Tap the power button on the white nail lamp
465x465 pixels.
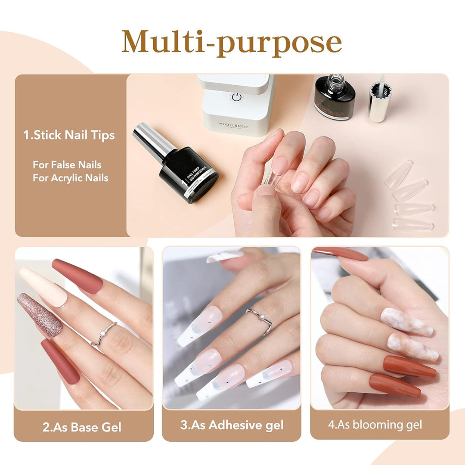tap(236, 97)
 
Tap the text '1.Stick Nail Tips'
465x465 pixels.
tap(69, 135)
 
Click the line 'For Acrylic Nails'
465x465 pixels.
tap(71, 178)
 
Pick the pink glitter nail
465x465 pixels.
tap(40, 315)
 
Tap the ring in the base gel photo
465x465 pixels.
tap(104, 332)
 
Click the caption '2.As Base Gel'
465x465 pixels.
tap(82, 427)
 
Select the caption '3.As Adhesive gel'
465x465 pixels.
tap(232, 425)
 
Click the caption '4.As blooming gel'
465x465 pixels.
tap(375, 425)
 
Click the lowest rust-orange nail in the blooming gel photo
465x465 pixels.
tap(394, 385)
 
